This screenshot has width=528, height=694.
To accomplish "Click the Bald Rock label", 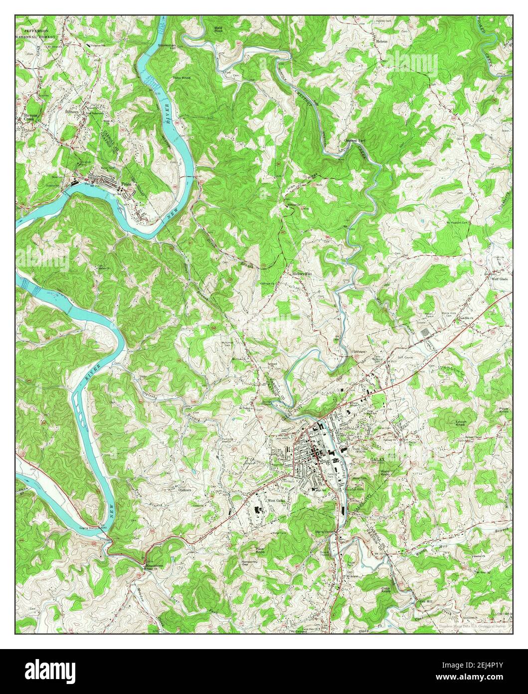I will tap(218, 29).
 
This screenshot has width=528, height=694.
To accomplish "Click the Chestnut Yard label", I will tap(354, 141).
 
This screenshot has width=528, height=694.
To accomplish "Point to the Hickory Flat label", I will tap(304, 274).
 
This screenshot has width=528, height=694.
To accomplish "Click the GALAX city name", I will tap(376, 458).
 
